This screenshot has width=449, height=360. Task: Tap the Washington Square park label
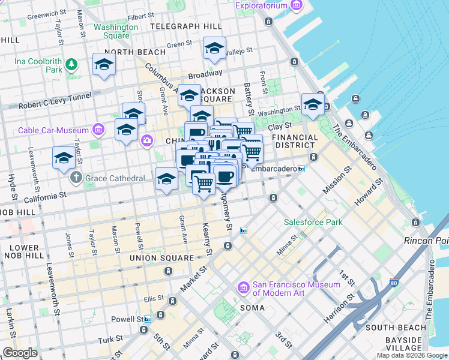pos(116,31)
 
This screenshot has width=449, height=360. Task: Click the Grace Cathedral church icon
pos(76,178)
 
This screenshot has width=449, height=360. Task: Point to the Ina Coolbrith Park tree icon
pos(71,63)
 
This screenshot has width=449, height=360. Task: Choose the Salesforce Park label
pos(313,222)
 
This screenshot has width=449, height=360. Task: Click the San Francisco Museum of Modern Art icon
pos(244,289)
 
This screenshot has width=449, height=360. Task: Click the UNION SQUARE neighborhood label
pos(161,258)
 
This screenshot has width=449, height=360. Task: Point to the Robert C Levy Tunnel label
pos(55,100)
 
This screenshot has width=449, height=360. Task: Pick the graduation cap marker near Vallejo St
pos(214,50)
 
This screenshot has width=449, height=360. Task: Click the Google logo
pos(20,353)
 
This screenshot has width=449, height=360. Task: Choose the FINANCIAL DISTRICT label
pos(295,142)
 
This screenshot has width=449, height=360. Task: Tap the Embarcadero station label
pos(273,169)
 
